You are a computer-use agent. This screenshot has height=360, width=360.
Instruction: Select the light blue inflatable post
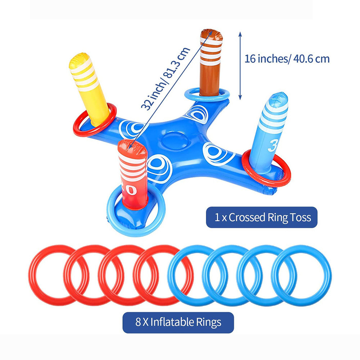(x=270, y=133)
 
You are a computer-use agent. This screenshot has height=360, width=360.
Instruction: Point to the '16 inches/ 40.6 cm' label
(x=287, y=59)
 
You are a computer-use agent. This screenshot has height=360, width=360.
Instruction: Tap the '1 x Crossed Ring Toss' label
(x=262, y=217)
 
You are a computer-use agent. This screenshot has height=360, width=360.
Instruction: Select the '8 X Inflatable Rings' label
(x=178, y=322)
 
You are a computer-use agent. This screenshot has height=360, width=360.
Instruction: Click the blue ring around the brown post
(x=191, y=94)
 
